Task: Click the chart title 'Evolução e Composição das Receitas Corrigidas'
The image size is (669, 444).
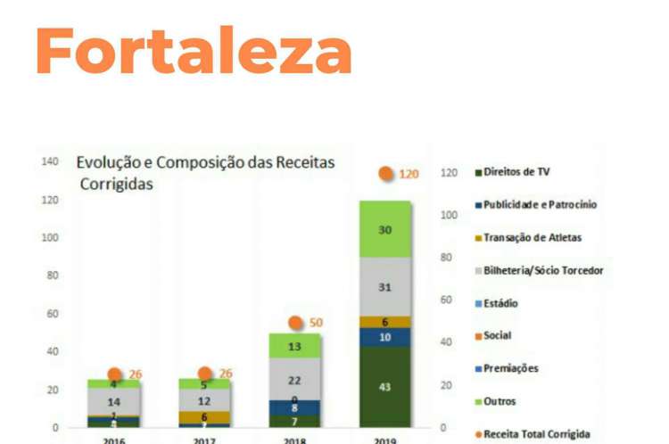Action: pyautogui.click(x=204, y=173)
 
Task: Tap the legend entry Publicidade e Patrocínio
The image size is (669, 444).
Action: pyautogui.click(x=539, y=204)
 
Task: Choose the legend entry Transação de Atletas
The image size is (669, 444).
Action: pyautogui.click(x=533, y=237)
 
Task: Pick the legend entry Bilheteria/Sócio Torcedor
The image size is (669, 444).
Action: pyautogui.click(x=542, y=270)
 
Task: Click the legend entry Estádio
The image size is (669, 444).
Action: pyautogui.click(x=500, y=303)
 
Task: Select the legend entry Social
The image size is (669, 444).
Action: pyautogui.click(x=496, y=336)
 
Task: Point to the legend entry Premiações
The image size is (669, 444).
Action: pyautogui.click(x=510, y=368)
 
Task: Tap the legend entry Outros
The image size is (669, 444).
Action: pyautogui.click(x=500, y=401)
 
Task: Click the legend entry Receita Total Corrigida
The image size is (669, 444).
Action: pyautogui.click(x=536, y=434)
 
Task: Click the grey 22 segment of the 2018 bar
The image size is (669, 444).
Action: pyautogui.click(x=295, y=380)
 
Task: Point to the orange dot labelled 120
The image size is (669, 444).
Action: pyautogui.click(x=386, y=174)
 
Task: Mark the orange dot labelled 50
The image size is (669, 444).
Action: pyautogui.click(x=295, y=323)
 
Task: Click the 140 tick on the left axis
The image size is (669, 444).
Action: pyautogui.click(x=50, y=162)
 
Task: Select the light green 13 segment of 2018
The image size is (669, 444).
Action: pyautogui.click(x=295, y=346)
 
